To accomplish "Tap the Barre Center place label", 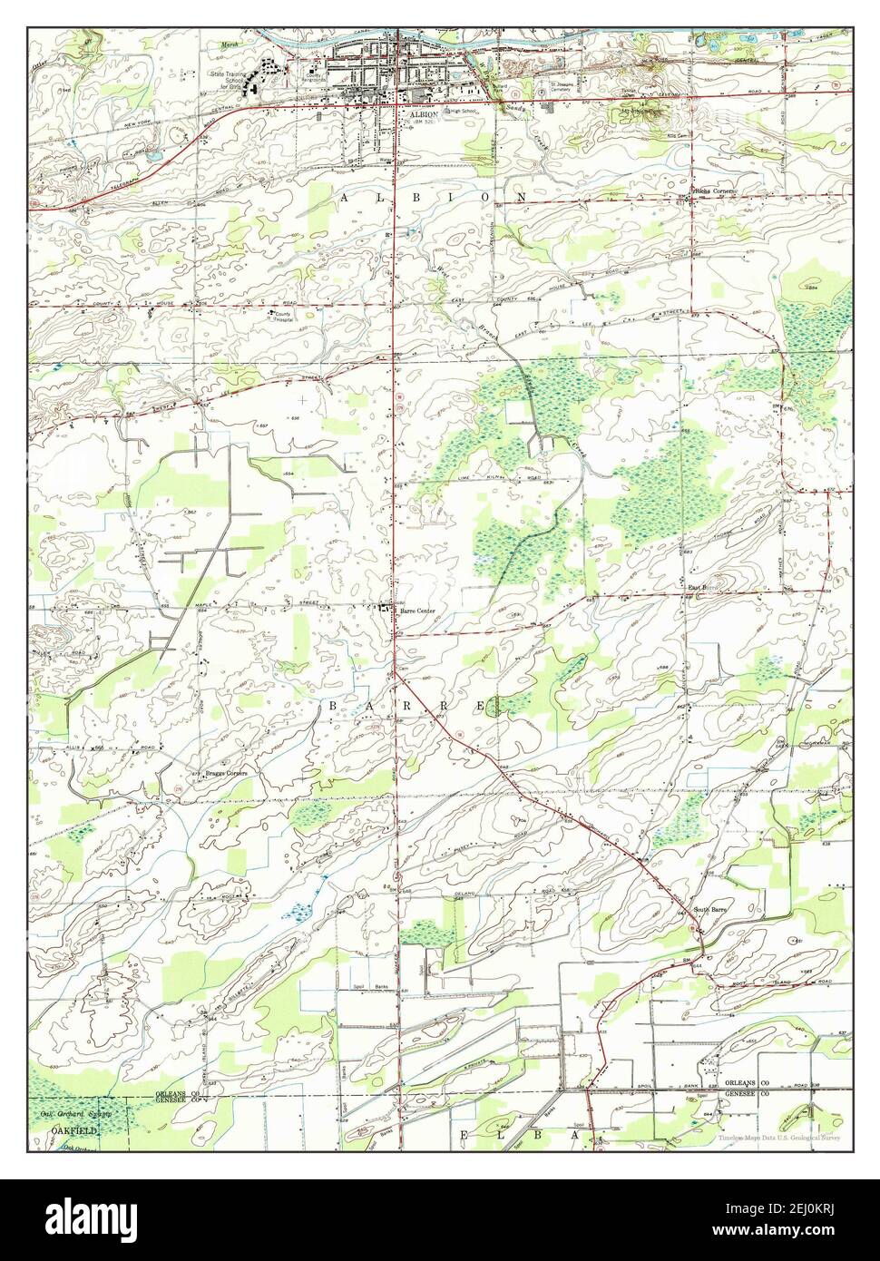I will pyautogui.click(x=417, y=611).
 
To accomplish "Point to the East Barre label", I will pyautogui.click(x=702, y=588).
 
